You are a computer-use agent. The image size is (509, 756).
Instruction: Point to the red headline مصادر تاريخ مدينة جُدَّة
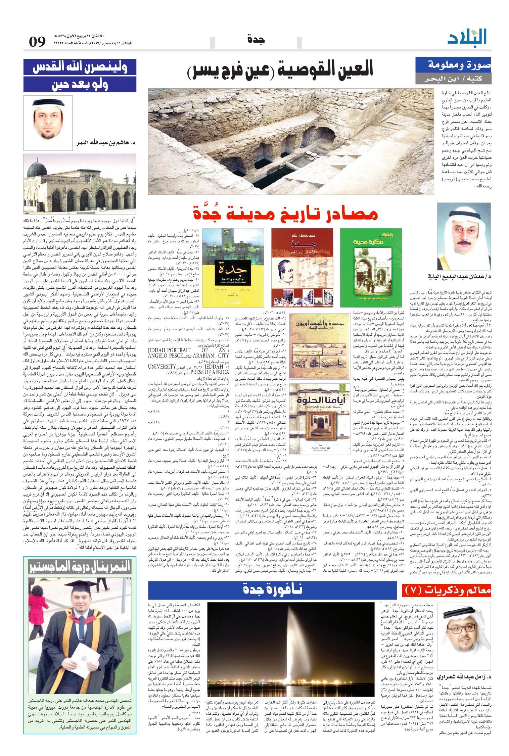click(286, 214)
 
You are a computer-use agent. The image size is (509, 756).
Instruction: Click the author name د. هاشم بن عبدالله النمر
click(105, 143)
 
